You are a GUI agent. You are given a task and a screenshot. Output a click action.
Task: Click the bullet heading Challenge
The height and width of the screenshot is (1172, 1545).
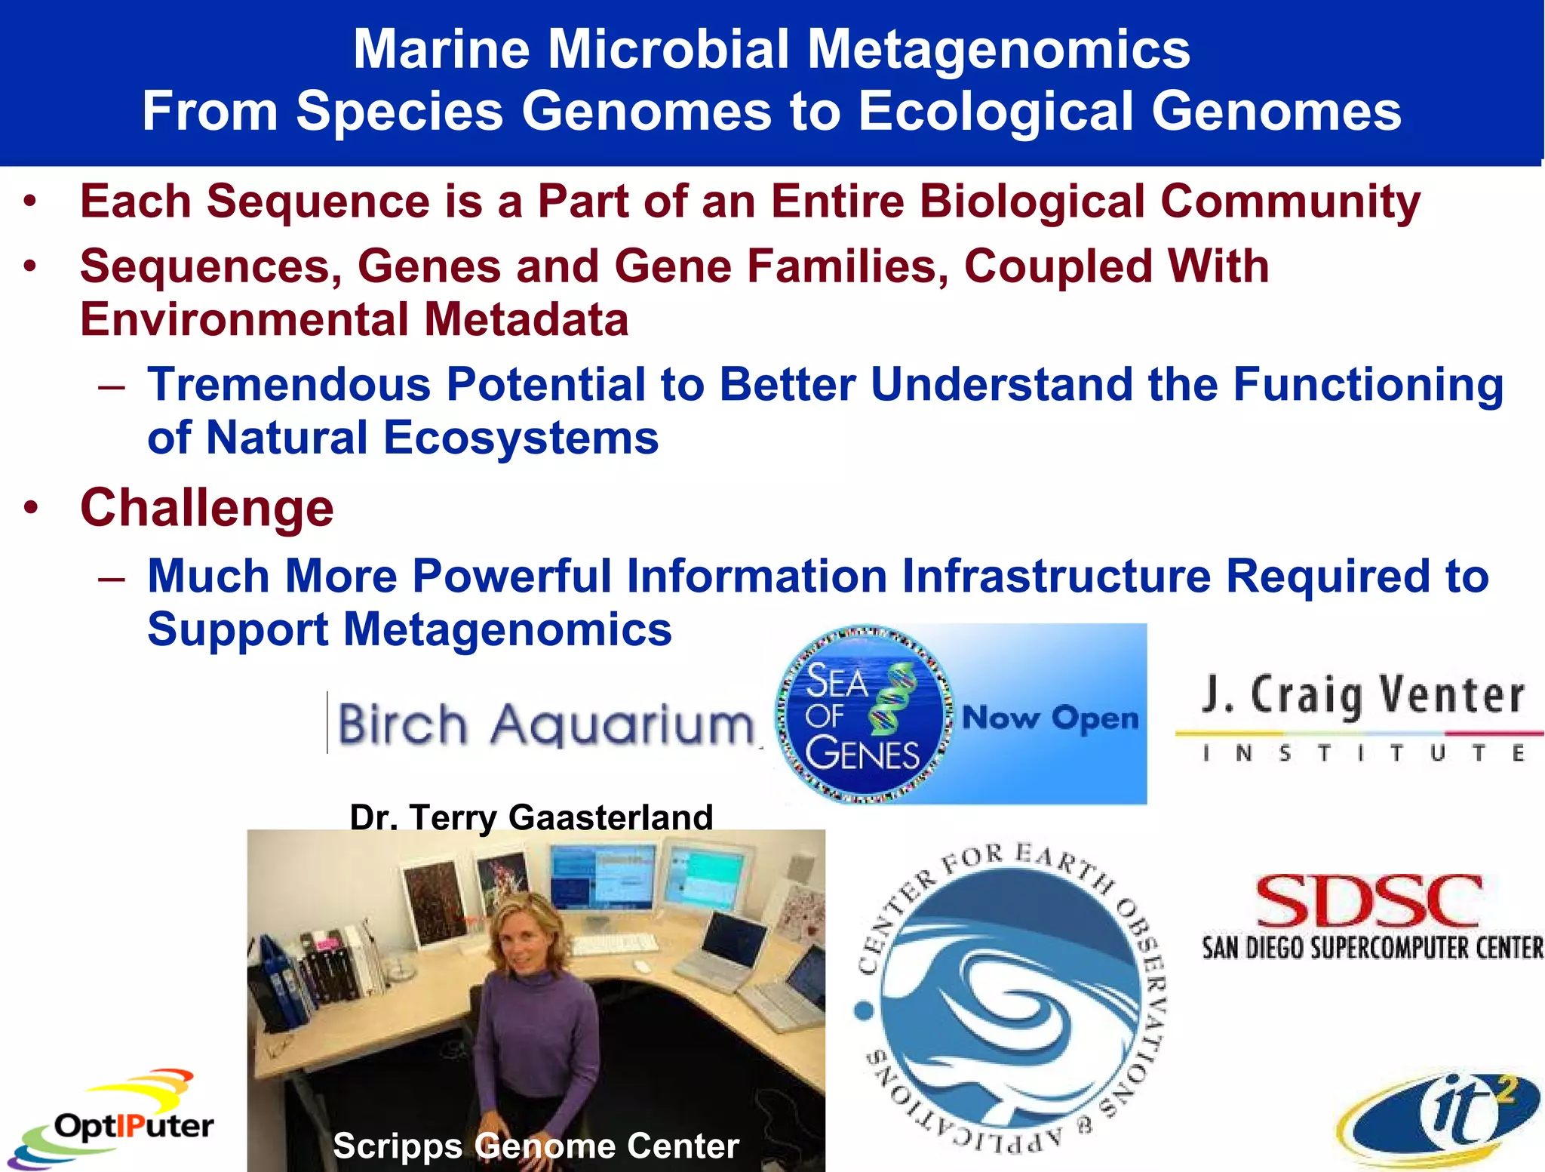pos(207,508)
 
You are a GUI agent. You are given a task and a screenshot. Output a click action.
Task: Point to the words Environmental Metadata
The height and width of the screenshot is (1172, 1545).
pos(354,320)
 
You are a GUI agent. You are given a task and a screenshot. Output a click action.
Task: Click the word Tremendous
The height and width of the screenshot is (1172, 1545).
pos(288,385)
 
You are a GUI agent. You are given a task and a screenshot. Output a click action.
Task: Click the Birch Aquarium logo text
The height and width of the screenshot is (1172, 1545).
pos(545,724)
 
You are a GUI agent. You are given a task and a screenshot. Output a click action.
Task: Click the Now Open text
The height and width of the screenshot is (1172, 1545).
pos(1050,718)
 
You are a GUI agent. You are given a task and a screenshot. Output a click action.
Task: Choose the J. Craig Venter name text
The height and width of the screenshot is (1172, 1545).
pos(1362,694)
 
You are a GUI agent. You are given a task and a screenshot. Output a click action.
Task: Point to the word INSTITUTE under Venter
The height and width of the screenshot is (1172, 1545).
pos(1362,753)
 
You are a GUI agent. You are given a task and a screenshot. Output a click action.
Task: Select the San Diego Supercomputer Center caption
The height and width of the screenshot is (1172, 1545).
pos(1371,948)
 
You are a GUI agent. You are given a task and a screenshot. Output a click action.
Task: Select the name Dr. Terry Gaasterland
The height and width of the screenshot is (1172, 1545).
pos(531,817)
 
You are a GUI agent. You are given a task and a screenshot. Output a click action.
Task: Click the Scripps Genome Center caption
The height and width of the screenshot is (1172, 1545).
pos(536,1146)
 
